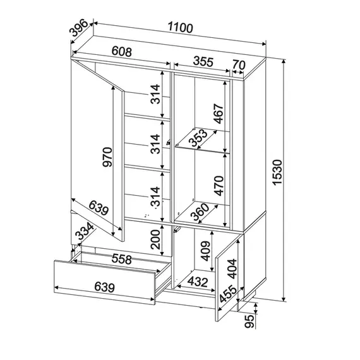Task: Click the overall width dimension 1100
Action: (181, 27)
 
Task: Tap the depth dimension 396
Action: (79, 28)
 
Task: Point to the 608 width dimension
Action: (122, 52)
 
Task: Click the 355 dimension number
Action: (203, 61)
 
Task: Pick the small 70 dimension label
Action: (239, 64)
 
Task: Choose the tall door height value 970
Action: (107, 157)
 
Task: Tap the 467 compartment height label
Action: (219, 114)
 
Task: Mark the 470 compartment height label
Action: (219, 186)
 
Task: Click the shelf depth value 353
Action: (198, 138)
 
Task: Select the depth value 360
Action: (200, 212)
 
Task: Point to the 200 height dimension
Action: (155, 239)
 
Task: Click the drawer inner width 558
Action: (121, 259)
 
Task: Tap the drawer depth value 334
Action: (85, 231)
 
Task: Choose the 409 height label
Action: (205, 251)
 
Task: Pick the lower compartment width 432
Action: (198, 282)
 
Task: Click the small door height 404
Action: (232, 268)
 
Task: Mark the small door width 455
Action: (228, 294)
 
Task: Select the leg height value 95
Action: (249, 321)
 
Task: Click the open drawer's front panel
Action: (105, 282)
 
